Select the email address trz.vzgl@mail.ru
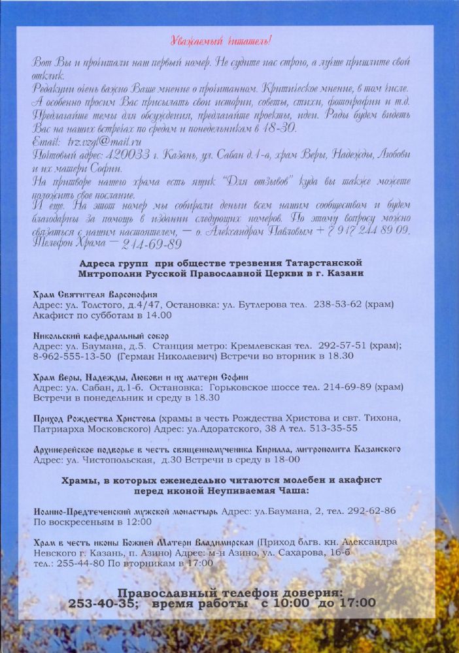(105, 141)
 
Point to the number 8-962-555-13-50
(69, 356)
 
